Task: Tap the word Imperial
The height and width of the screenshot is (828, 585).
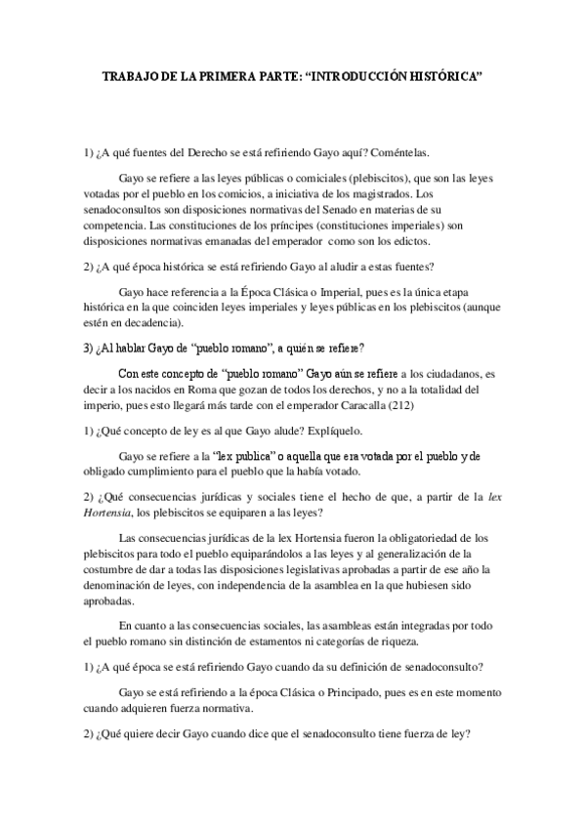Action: [351, 292]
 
